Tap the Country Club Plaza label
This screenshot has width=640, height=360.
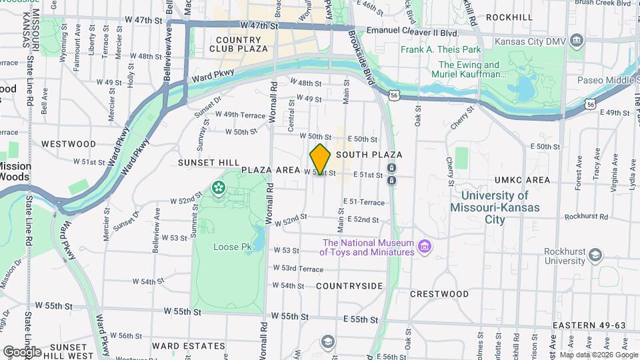point(239,44)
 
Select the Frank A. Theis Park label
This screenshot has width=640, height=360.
point(441,49)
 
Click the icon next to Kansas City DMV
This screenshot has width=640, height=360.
point(578,40)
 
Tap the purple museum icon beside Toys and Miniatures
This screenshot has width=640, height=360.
point(424,248)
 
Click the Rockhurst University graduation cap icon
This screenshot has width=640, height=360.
point(595,255)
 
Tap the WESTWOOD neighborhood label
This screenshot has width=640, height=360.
point(69,144)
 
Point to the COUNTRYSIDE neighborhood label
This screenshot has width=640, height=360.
point(349,286)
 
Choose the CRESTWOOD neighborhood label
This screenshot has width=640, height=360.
point(439,293)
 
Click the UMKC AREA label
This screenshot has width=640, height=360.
point(523,180)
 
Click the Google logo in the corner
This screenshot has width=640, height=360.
point(22,351)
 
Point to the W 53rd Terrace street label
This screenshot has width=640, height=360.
point(298,268)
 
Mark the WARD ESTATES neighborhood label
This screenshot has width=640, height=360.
point(189,346)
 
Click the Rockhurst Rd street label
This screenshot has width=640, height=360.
point(588,216)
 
